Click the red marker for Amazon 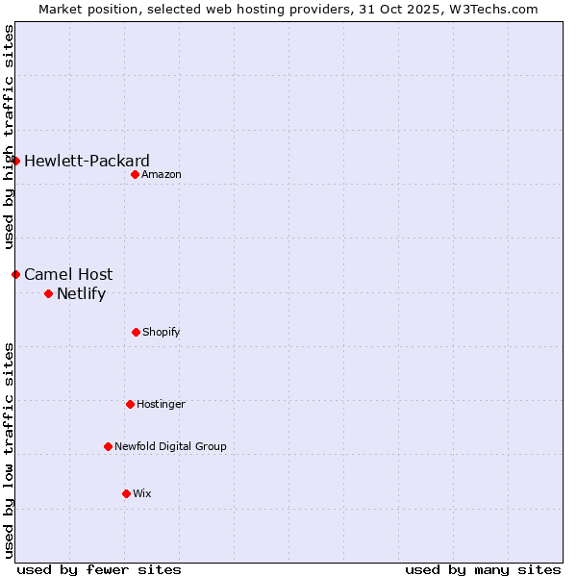(x=135, y=174)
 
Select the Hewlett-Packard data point (x=15, y=161)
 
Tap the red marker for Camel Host (x=15, y=274)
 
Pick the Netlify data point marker (x=48, y=293)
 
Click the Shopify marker (x=136, y=332)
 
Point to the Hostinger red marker (x=130, y=404)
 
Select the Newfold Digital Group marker (x=108, y=446)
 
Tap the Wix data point (x=126, y=493)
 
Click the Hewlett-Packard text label (x=87, y=161)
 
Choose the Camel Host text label (x=68, y=274)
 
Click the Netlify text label (x=81, y=293)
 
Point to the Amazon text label (x=162, y=174)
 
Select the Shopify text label (x=162, y=332)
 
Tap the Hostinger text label (x=161, y=404)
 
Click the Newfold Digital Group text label (x=170, y=446)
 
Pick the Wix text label (x=142, y=493)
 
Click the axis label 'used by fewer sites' (x=99, y=569)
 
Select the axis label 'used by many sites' (x=483, y=569)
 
